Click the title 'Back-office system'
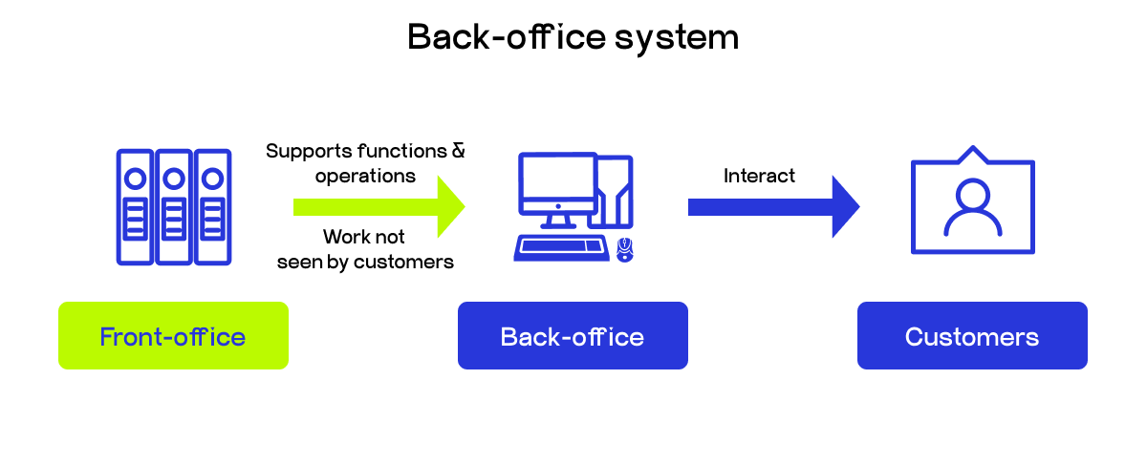pyautogui.click(x=573, y=37)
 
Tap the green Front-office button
pyautogui.click(x=173, y=336)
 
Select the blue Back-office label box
pyautogui.click(x=573, y=336)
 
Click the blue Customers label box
pyautogui.click(x=972, y=336)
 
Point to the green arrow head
pyautogui.click(x=450, y=206)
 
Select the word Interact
pyautogui.click(x=759, y=176)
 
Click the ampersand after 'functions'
pyautogui.click(x=458, y=151)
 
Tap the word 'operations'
pyautogui.click(x=365, y=176)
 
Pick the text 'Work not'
pyautogui.click(x=364, y=237)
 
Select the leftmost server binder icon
pyautogui.click(x=135, y=206)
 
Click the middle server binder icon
pyautogui.click(x=174, y=206)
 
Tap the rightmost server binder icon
pyautogui.click(x=213, y=206)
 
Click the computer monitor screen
pyautogui.click(x=556, y=181)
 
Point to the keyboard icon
pyautogui.click(x=561, y=247)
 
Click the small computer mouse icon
pyautogui.click(x=625, y=249)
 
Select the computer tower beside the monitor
pyautogui.click(x=612, y=191)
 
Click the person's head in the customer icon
pyautogui.click(x=972, y=196)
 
